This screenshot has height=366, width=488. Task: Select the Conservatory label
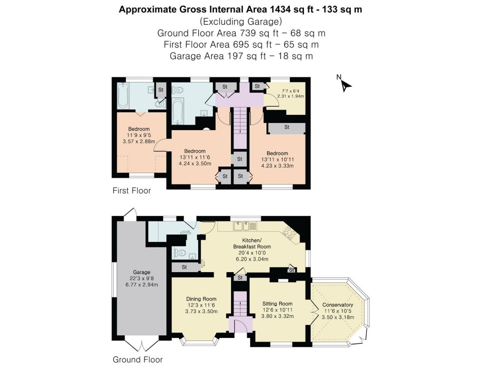click(x=337, y=305)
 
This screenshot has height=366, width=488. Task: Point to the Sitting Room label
click(x=277, y=304)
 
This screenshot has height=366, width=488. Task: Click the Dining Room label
click(x=201, y=299)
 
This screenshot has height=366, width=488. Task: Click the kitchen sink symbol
click(x=245, y=225)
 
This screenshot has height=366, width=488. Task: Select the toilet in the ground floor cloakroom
click(x=178, y=253)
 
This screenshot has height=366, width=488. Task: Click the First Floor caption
click(x=132, y=191)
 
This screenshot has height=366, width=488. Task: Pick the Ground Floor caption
click(x=137, y=359)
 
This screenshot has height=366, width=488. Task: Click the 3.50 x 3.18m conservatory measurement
click(x=337, y=317)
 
